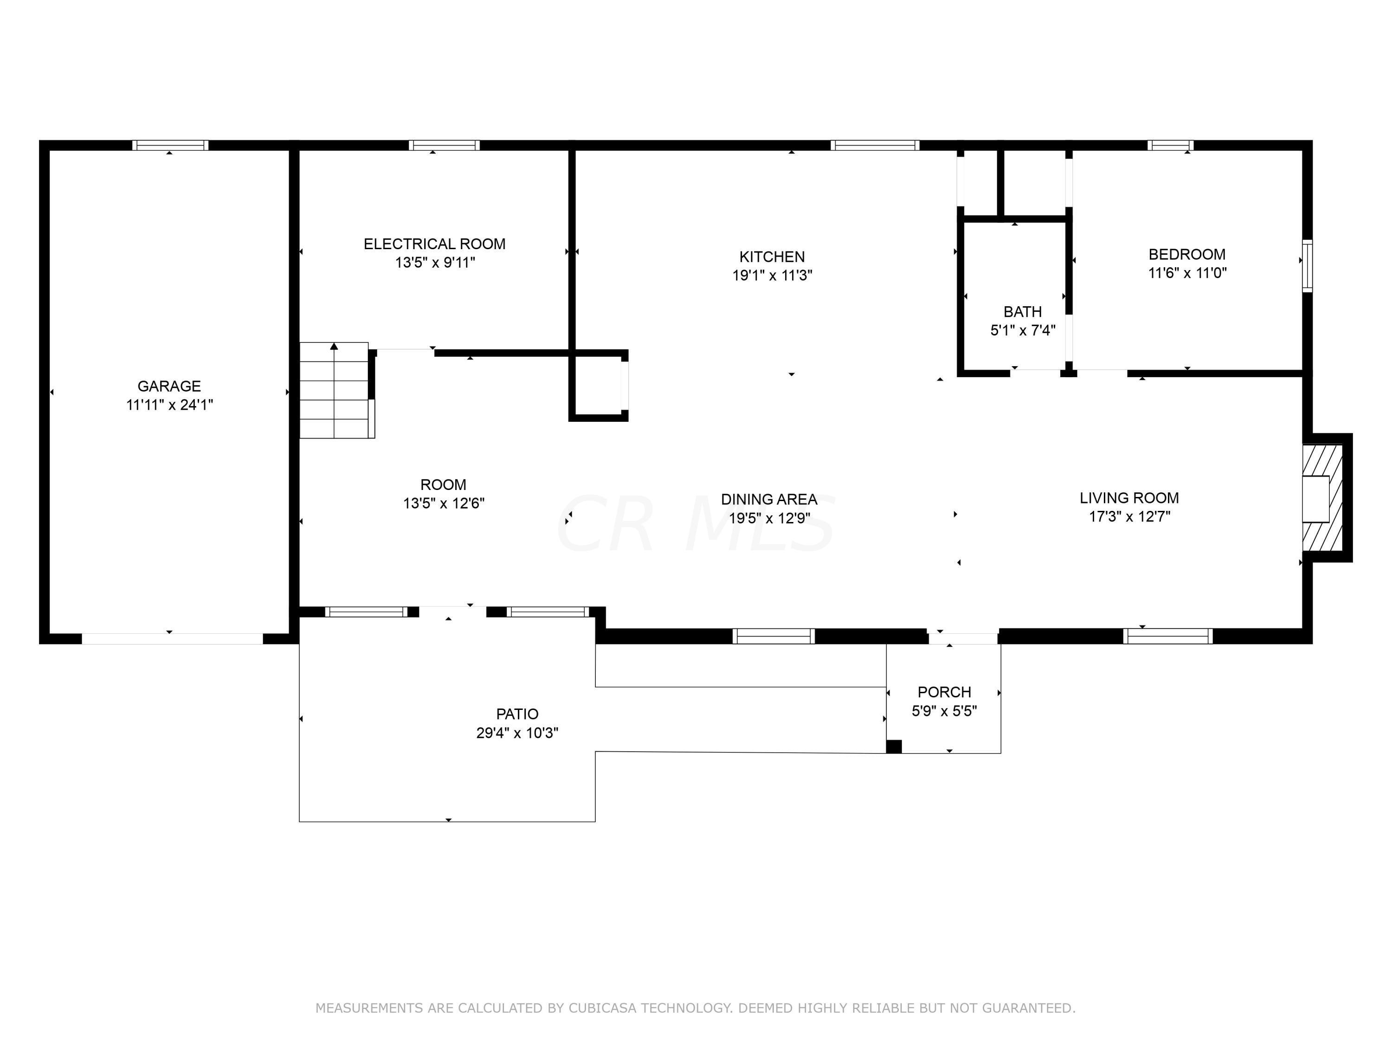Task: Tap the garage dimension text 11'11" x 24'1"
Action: [x=169, y=405]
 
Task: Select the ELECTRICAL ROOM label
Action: [x=434, y=244]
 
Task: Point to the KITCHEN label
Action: [x=772, y=257]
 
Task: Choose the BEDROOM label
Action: [x=1187, y=254]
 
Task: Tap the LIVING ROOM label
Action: [x=1129, y=498]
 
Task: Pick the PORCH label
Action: [x=944, y=692]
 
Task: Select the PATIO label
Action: [x=517, y=714]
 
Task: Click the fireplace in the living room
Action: [x=1323, y=498]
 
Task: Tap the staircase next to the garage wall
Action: [x=336, y=390]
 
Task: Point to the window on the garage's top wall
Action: [x=170, y=145]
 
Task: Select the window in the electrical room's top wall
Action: [x=444, y=145]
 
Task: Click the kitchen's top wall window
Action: [x=875, y=145]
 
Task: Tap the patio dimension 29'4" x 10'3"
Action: [x=517, y=733]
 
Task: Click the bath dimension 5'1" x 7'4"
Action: [x=1023, y=330]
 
